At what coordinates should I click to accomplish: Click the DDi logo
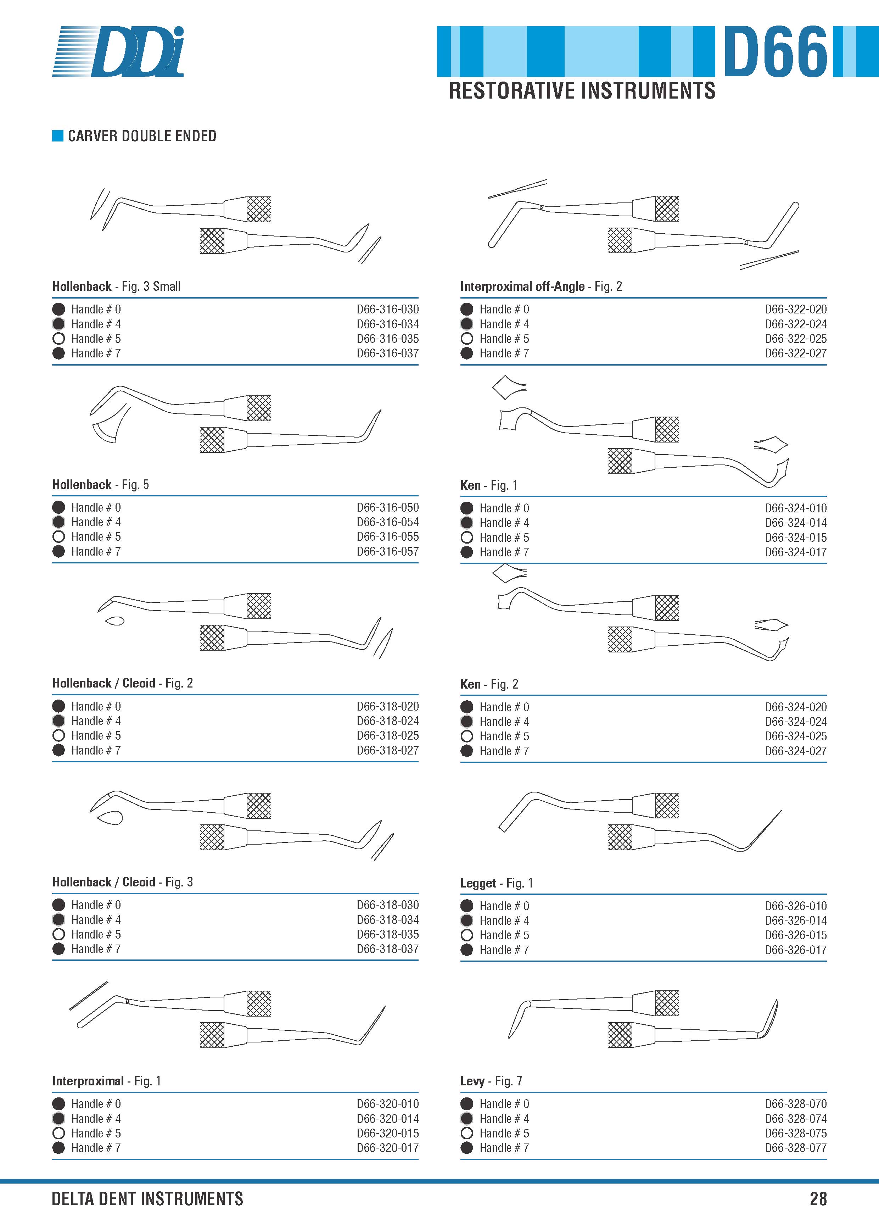click(118, 51)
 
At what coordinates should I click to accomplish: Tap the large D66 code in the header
click(775, 51)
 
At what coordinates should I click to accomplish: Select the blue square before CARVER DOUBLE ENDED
click(58, 136)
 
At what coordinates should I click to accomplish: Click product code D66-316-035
click(388, 339)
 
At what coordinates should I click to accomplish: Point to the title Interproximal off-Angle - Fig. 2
click(541, 286)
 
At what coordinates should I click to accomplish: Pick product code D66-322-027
click(796, 353)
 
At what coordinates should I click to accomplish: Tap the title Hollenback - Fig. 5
click(101, 485)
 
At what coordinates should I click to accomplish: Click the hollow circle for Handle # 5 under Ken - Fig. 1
click(467, 538)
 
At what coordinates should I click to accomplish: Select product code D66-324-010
click(796, 508)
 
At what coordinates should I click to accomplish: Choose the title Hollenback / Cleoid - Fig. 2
click(122, 683)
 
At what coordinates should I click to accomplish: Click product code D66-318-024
click(388, 721)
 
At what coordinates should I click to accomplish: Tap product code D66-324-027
click(796, 751)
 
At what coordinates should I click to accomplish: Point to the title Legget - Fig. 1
click(497, 883)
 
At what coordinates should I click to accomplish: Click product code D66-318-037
click(388, 949)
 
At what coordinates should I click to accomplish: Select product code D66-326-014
click(796, 920)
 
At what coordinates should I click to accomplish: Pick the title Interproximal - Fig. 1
click(106, 1081)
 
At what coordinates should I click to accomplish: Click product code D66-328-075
click(796, 1133)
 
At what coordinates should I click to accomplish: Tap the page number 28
click(818, 1198)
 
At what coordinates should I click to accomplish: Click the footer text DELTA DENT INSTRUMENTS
click(147, 1198)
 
